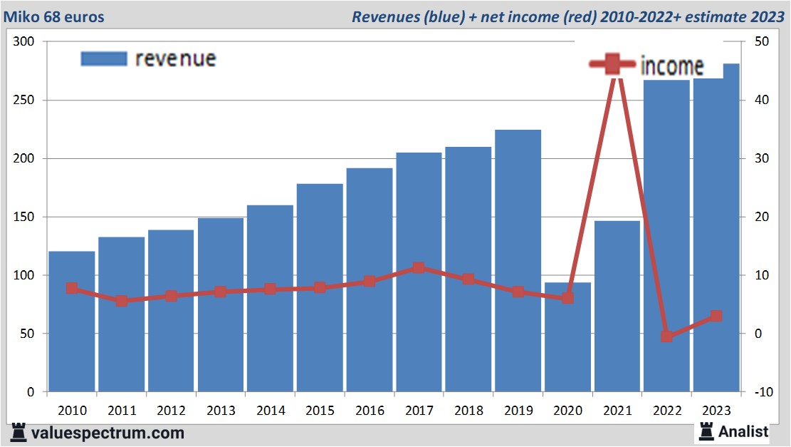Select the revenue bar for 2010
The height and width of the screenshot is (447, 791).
coord(72,322)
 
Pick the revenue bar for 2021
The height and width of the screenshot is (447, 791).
coord(617,307)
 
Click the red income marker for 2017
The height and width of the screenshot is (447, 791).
coord(419,268)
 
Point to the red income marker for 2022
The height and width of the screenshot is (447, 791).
coord(666,336)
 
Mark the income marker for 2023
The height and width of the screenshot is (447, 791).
coord(716,316)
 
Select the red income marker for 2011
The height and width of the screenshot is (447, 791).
coord(122,301)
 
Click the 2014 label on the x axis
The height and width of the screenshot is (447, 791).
coord(271,411)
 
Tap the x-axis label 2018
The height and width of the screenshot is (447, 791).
coord(468,411)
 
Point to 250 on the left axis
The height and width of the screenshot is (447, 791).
coord(26,101)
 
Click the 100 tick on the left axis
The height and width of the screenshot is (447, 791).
coord(26,275)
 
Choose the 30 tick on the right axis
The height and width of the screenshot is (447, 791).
coord(759,159)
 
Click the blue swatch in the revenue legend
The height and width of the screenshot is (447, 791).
coord(103,58)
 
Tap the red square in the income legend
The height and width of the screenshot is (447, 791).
coord(612,65)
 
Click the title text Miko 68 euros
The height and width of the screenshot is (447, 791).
coord(54,16)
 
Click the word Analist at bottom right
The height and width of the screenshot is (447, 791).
coord(743,431)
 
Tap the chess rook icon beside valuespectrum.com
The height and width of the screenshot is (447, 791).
coord(19,432)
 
